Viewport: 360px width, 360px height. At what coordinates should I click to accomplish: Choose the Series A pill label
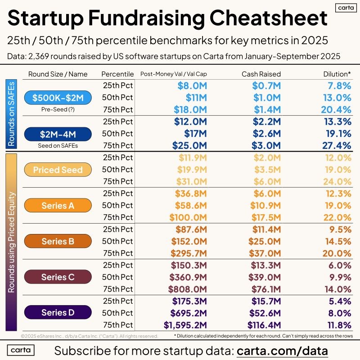(58, 205)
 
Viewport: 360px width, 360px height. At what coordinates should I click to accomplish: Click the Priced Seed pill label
(58, 170)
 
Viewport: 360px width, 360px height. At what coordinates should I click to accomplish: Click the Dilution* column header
(337, 74)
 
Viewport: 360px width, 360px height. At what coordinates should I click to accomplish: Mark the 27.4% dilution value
(336, 145)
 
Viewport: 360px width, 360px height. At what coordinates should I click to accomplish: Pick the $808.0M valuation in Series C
(188, 289)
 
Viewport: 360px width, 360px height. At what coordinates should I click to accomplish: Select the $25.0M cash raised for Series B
(266, 241)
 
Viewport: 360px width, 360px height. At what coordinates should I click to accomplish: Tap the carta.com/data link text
(282, 350)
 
